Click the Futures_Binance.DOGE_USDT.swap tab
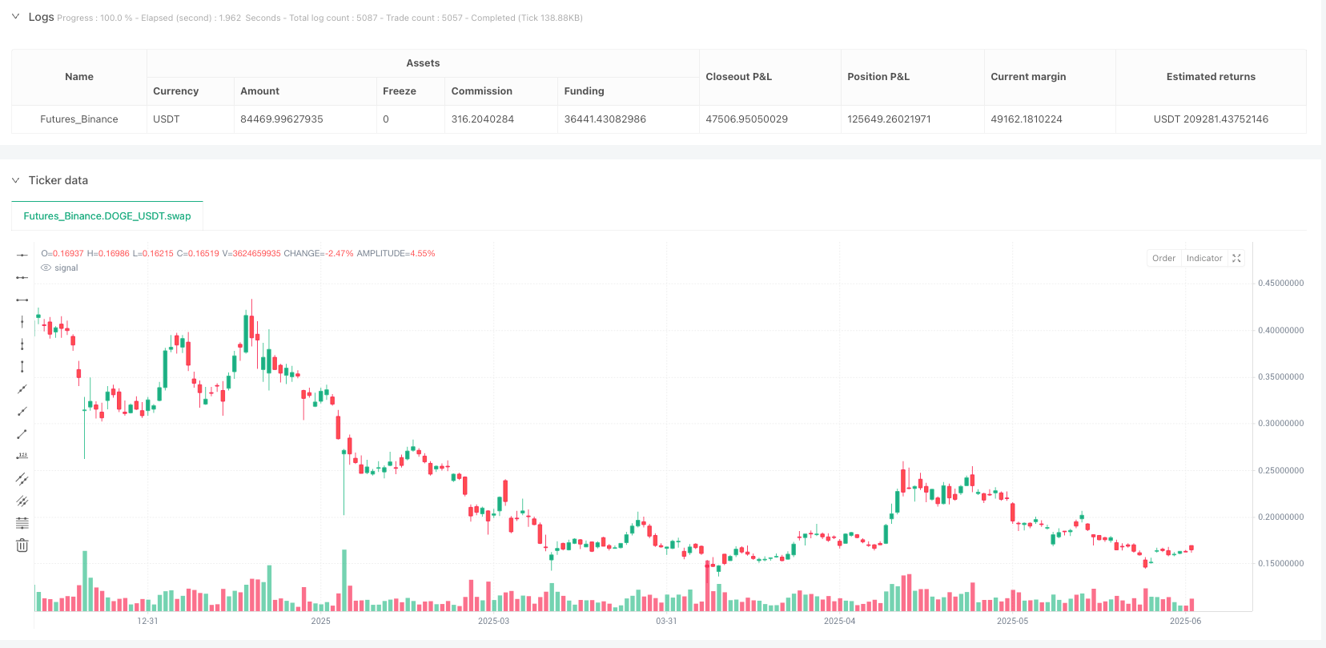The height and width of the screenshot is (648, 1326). pyautogui.click(x=107, y=216)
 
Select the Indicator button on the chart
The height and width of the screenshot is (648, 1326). pyautogui.click(x=1203, y=258)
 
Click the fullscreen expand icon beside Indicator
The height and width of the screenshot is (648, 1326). pyautogui.click(x=1236, y=258)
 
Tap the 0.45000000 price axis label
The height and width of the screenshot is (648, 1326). pyautogui.click(x=1280, y=284)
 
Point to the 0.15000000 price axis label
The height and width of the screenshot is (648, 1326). pyautogui.click(x=1280, y=564)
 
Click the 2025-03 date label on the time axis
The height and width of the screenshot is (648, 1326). pyautogui.click(x=493, y=621)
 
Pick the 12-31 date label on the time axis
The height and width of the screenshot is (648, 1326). pyautogui.click(x=147, y=621)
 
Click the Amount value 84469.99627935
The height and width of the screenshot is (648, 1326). pyautogui.click(x=282, y=119)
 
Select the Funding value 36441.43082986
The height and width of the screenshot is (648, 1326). pyautogui.click(x=605, y=119)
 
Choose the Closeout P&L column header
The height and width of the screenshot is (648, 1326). pyautogui.click(x=738, y=77)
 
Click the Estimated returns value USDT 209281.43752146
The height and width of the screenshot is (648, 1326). pyautogui.click(x=1211, y=119)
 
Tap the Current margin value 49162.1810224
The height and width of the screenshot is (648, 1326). pyautogui.click(x=1027, y=119)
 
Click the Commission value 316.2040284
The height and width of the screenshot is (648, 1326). pyautogui.click(x=483, y=119)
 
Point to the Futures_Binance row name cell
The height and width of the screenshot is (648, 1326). pyautogui.click(x=79, y=119)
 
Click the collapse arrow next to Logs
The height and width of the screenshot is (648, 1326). pyautogui.click(x=15, y=17)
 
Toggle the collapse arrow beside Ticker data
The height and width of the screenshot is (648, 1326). pyautogui.click(x=15, y=180)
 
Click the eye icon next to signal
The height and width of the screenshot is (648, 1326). pyautogui.click(x=46, y=268)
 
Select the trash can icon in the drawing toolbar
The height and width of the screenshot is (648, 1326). pyautogui.click(x=22, y=545)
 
